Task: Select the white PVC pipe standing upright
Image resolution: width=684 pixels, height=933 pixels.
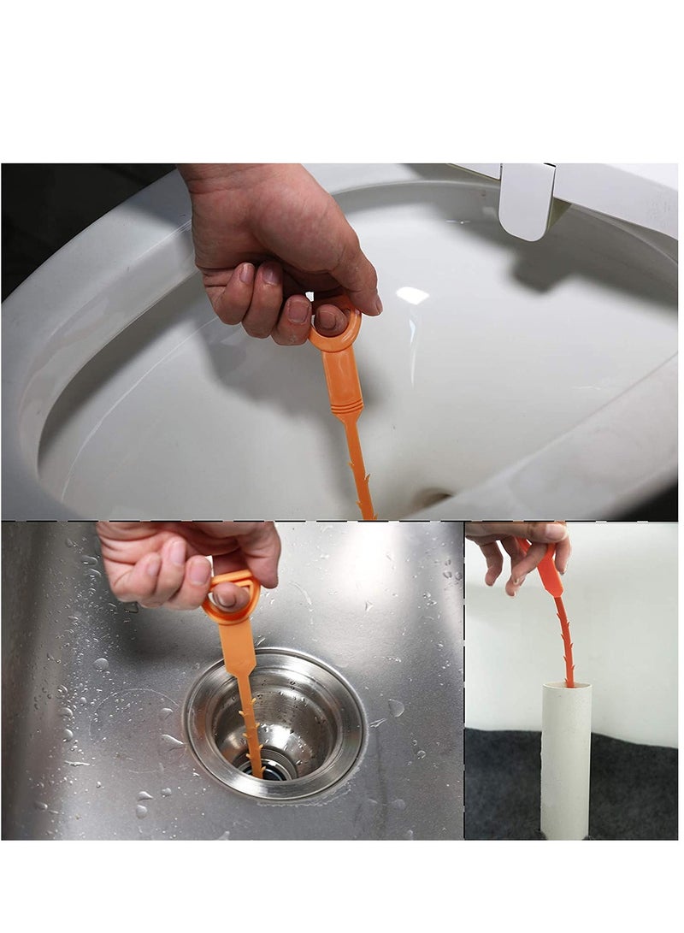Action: pyautogui.click(x=565, y=761)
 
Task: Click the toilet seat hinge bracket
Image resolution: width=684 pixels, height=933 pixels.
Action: pyautogui.click(x=528, y=201)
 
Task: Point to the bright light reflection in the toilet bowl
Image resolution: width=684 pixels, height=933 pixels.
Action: pyautogui.click(x=412, y=295)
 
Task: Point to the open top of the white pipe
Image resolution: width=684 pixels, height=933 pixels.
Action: pyautogui.click(x=566, y=687)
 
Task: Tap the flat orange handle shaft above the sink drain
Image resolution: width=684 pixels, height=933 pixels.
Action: pyautogui.click(x=240, y=650)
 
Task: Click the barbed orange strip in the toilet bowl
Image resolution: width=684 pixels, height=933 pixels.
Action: pyautogui.click(x=359, y=470)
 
